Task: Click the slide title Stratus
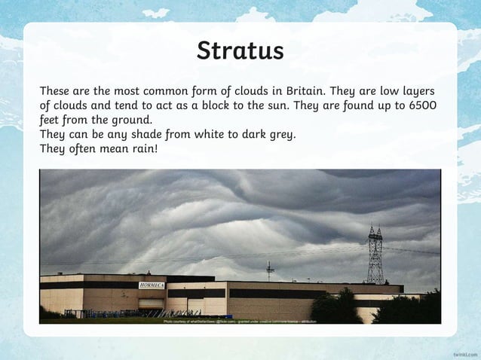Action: point(240,50)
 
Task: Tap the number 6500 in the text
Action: point(422,105)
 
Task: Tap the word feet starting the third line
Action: point(51,120)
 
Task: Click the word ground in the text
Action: point(132,120)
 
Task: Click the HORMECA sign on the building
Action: point(152,285)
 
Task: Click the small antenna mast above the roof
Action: point(270,270)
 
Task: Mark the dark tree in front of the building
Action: point(335,307)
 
